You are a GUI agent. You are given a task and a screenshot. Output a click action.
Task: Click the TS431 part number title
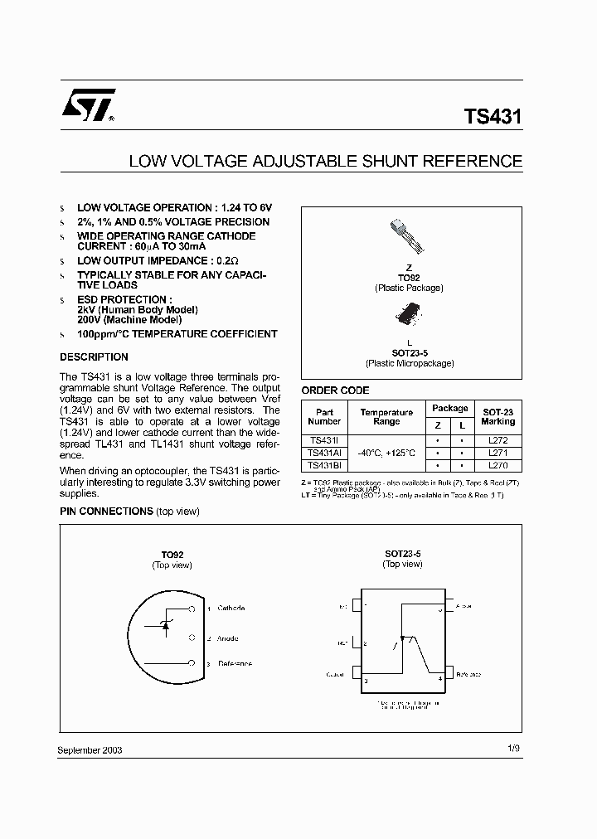(x=493, y=117)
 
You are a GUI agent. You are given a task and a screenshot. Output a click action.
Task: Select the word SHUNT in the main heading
(x=396, y=161)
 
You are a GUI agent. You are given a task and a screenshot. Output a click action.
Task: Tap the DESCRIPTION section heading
(x=94, y=357)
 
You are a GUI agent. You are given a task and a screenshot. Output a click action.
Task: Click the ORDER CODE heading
(x=335, y=390)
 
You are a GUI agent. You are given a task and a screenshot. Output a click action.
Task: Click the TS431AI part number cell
(x=324, y=453)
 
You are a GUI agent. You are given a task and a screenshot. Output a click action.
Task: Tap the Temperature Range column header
(x=386, y=417)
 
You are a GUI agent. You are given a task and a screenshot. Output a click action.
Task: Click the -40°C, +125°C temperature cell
(x=386, y=453)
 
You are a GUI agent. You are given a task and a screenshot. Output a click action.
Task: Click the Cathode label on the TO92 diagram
(x=231, y=609)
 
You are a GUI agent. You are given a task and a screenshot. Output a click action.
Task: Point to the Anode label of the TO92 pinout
(x=227, y=638)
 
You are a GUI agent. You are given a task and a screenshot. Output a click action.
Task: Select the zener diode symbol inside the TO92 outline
(x=165, y=623)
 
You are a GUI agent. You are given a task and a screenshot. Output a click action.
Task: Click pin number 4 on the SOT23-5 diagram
(x=440, y=678)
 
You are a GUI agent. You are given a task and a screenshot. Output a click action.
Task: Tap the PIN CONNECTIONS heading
(x=106, y=512)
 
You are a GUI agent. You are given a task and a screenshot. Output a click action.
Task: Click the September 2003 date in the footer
(x=90, y=749)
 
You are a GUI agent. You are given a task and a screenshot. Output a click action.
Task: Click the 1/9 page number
(x=514, y=749)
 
